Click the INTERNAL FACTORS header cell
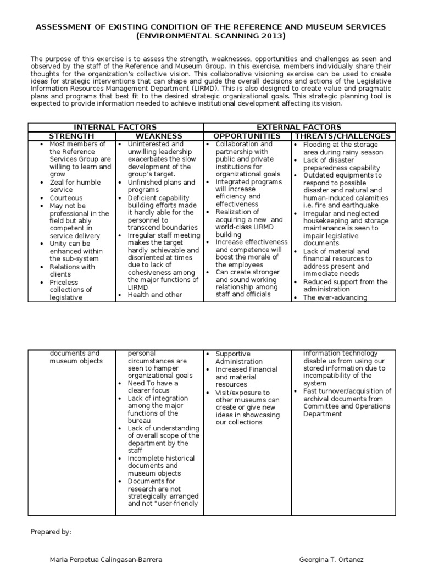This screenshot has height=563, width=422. point(115,127)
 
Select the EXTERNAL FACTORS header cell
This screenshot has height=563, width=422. point(299,127)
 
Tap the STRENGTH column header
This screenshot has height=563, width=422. point(71,136)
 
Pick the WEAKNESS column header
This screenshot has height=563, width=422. point(159,136)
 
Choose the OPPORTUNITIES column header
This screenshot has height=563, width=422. point(247,136)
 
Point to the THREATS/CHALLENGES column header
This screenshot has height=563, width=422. point(343,136)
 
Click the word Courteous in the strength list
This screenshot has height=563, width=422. point(66,198)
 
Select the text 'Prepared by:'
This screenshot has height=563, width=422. point(51,532)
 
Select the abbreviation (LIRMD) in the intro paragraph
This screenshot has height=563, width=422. point(204,87)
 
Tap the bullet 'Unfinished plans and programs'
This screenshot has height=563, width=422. point(161,186)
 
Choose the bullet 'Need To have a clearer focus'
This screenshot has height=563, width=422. point(153,387)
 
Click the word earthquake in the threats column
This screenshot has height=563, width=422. point(359,206)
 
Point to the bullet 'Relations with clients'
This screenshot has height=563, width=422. point(72,271)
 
